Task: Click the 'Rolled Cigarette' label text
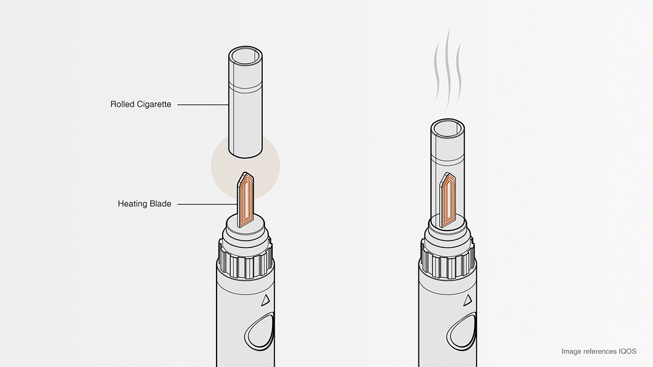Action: click(140, 104)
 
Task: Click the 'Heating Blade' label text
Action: click(144, 204)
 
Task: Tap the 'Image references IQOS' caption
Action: click(599, 351)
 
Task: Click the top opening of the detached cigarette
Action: click(245, 57)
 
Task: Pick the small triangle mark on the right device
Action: click(467, 300)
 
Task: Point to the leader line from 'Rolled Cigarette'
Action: click(201, 104)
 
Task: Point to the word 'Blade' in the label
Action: click(160, 204)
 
